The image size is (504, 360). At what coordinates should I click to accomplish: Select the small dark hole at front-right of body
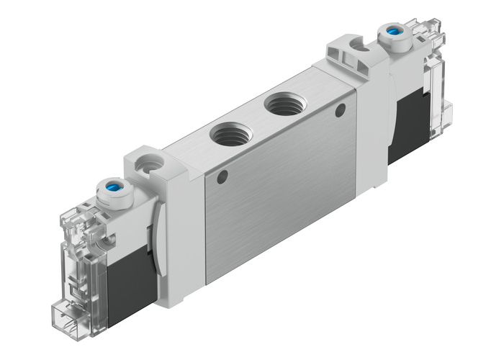pos(341,109)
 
